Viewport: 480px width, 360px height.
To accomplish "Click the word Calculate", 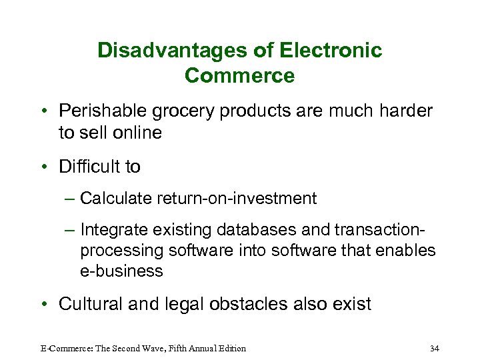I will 115,198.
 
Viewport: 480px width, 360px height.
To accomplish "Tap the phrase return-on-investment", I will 236,198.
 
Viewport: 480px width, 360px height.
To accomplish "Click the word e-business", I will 121,271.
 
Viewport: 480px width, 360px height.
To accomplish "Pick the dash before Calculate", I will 70,198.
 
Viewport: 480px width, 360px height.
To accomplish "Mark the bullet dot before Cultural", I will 42,305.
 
